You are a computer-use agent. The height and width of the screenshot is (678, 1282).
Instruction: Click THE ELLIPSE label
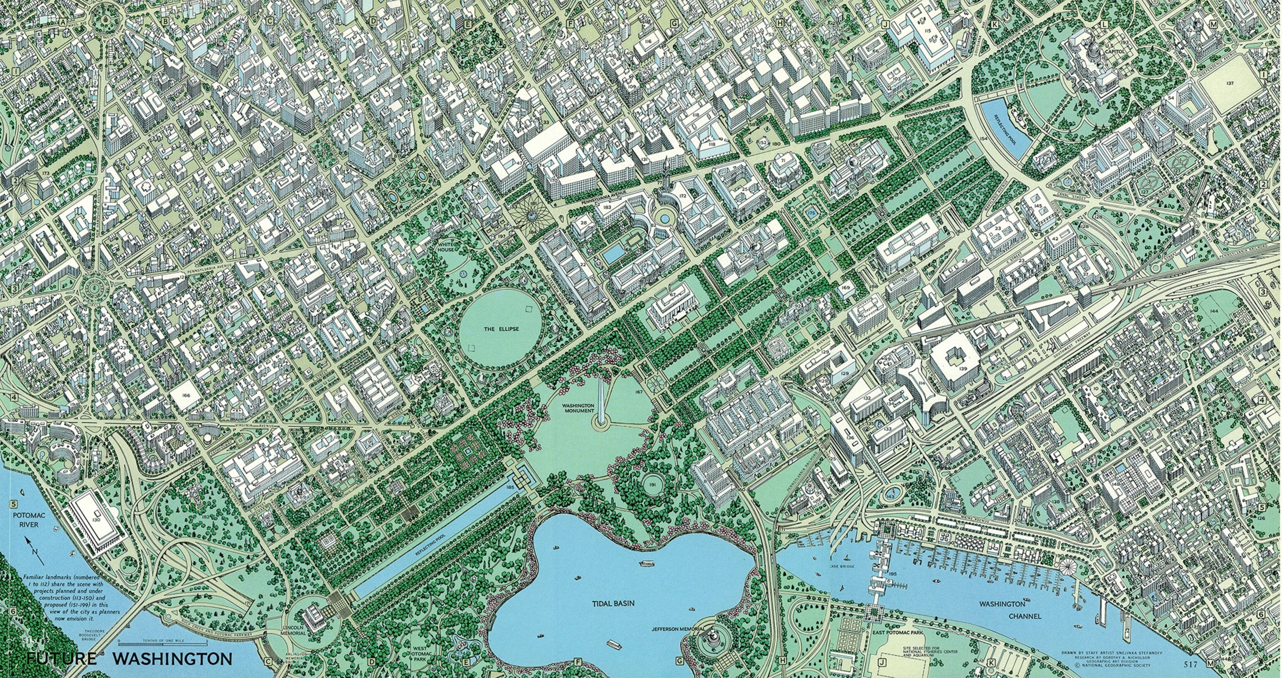pyautogui.click(x=501, y=329)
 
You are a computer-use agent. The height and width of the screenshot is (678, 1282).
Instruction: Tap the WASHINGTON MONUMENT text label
pyautogui.click(x=579, y=408)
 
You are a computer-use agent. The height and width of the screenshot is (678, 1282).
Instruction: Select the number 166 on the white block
pyautogui.click(x=186, y=396)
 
